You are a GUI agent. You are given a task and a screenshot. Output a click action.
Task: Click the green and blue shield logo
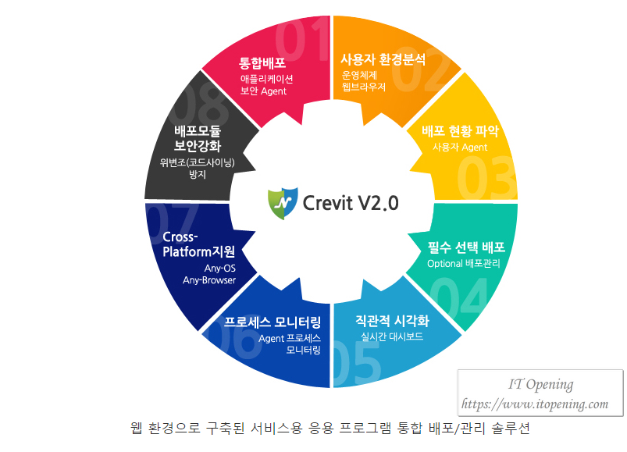click(283, 203)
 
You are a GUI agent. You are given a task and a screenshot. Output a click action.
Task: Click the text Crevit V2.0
click(351, 203)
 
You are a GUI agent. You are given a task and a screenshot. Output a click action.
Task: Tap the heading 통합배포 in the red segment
click(262, 62)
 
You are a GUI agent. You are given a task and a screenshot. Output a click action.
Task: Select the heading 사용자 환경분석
click(383, 59)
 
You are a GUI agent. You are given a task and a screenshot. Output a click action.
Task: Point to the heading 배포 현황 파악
click(460, 131)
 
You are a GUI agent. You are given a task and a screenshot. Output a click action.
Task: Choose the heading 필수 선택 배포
click(466, 247)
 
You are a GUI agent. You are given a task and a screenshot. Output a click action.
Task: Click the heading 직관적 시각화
click(392, 321)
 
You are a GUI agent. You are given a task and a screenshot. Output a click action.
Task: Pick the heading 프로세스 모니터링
click(273, 322)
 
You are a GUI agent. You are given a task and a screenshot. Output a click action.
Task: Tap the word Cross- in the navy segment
click(180, 237)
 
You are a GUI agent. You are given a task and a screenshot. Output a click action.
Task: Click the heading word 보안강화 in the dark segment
click(198, 146)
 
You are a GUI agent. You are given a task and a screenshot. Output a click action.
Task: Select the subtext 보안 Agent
click(263, 91)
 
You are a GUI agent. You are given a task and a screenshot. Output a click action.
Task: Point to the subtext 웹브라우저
click(364, 87)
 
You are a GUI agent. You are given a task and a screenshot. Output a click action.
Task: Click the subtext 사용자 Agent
click(460, 147)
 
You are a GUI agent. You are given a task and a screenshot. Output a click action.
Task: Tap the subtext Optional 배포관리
click(464, 263)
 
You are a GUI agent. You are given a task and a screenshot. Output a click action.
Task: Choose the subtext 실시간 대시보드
click(392, 336)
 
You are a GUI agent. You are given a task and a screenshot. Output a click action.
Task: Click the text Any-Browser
click(209, 280)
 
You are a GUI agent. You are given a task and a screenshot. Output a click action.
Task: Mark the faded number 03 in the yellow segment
click(486, 178)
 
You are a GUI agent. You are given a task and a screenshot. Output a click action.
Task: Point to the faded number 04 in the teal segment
click(460, 297)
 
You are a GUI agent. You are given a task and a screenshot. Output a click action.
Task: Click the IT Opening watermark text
click(540, 384)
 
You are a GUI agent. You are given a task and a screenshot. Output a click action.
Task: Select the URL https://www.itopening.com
click(535, 404)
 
